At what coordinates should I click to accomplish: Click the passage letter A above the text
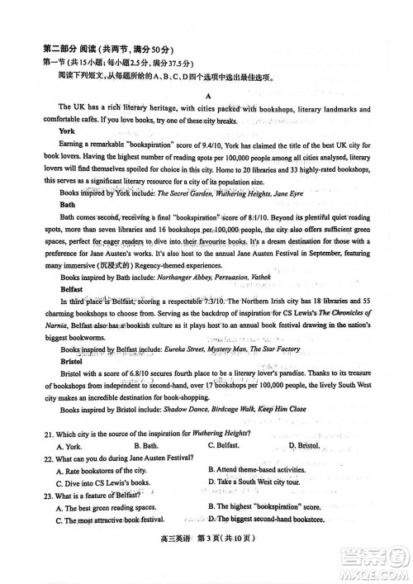(208, 96)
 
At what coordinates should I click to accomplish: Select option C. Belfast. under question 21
(228, 446)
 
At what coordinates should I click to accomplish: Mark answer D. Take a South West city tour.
(265, 482)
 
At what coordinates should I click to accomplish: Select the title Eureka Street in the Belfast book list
(183, 349)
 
